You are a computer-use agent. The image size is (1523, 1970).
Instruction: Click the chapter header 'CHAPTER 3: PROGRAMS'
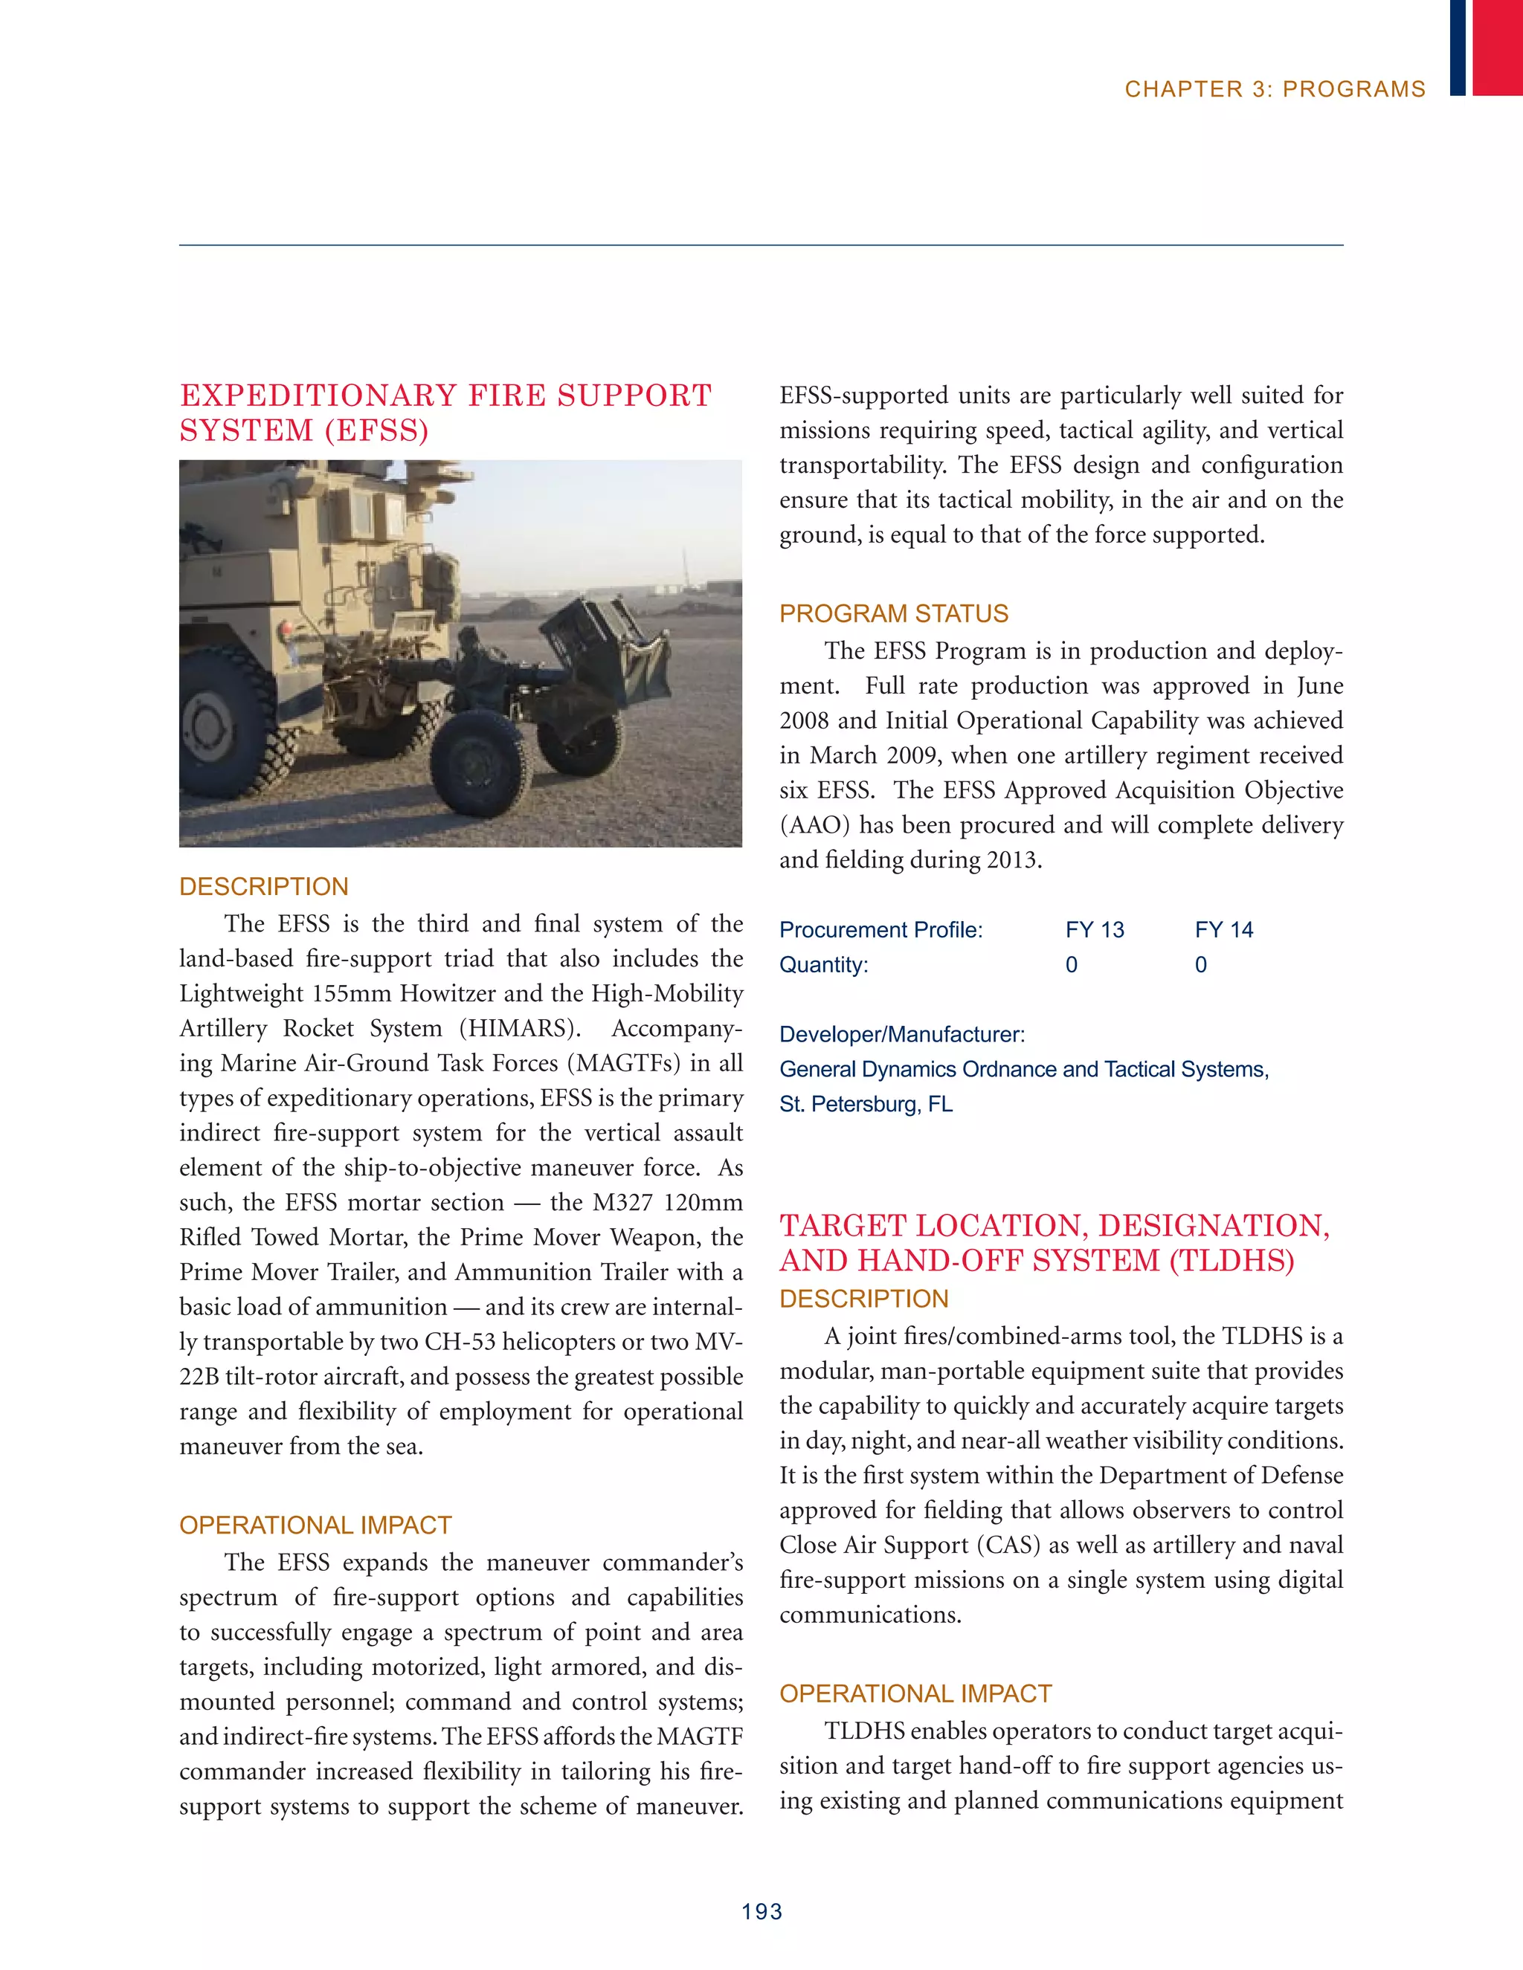coord(1274,89)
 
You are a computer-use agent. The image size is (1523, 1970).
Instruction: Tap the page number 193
coord(761,1911)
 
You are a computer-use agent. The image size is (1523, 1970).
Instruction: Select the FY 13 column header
coord(1095,930)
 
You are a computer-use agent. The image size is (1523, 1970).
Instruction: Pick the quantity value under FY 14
coord(1200,965)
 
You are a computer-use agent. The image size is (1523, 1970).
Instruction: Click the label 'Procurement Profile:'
coord(880,930)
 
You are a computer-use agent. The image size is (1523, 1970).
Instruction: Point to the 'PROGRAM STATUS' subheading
coord(893,613)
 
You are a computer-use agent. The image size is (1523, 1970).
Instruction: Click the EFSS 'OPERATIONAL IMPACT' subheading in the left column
coord(315,1525)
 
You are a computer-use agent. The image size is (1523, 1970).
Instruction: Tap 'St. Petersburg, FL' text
coord(866,1104)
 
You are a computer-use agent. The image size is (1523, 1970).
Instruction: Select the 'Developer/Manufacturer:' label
coord(901,1035)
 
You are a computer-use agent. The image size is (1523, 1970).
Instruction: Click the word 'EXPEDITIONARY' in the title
coord(318,396)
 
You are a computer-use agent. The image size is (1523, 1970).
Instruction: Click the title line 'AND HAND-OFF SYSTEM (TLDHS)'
coord(1037,1260)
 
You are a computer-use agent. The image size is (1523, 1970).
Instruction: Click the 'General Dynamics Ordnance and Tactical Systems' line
coord(1023,1070)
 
